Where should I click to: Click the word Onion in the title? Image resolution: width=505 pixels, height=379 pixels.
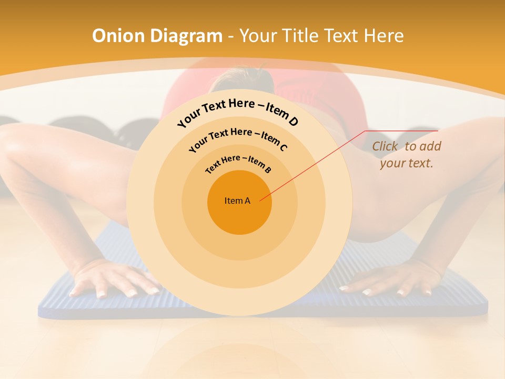coord(119,36)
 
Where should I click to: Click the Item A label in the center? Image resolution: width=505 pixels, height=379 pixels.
coord(237,201)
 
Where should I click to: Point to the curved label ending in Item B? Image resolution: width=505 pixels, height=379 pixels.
coord(238,163)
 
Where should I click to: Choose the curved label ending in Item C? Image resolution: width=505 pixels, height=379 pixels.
coord(238,137)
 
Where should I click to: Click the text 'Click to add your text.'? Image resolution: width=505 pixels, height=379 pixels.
coord(407,155)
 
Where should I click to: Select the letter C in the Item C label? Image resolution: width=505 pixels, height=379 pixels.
coord(283,147)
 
